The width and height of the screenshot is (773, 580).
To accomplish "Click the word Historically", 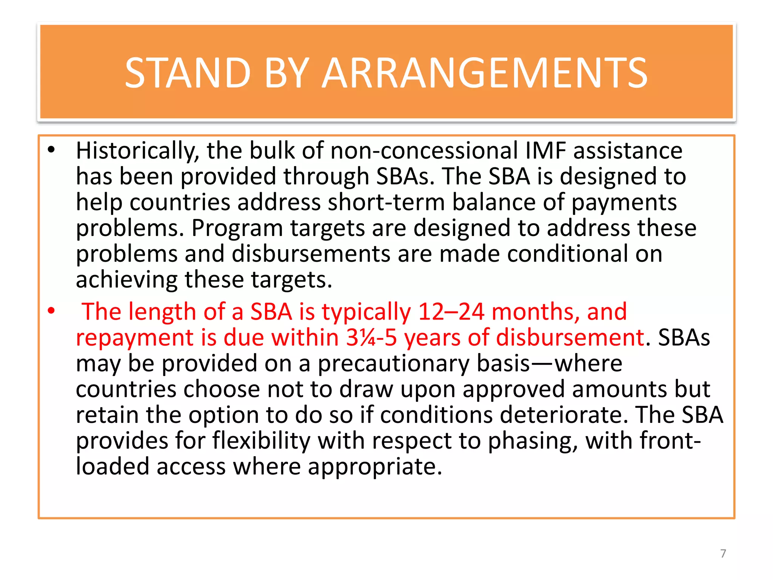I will pos(137,151).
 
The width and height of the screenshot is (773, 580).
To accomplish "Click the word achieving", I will pos(127,280).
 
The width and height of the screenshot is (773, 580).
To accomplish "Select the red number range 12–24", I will pos(451,312).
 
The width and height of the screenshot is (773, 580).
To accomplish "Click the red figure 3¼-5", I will pos(371,338).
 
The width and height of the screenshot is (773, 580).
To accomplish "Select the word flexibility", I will pos(262,441).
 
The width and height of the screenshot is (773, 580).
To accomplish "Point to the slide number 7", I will pos(723,554).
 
